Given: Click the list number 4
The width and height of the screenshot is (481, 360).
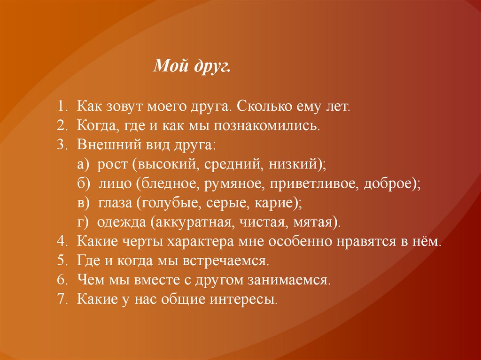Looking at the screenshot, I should (x=61, y=243).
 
